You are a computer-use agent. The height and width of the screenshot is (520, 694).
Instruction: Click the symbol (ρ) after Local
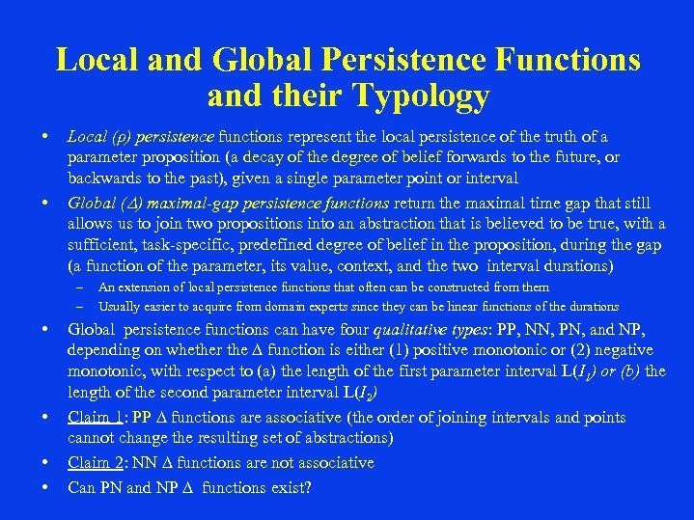click(x=118, y=137)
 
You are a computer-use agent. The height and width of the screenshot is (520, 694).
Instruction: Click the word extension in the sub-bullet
click(x=141, y=287)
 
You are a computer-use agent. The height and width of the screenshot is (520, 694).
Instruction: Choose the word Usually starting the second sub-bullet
click(x=119, y=307)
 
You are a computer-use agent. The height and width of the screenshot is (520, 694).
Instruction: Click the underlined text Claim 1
click(x=97, y=418)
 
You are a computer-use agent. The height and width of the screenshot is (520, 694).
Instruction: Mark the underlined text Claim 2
click(x=97, y=463)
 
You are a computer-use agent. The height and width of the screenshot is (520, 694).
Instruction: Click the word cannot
click(x=94, y=439)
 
